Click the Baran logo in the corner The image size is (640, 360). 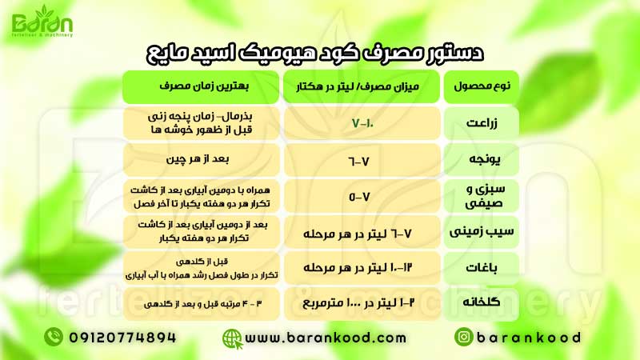pos(39,22)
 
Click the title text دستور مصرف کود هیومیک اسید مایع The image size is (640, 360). pos(320,53)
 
